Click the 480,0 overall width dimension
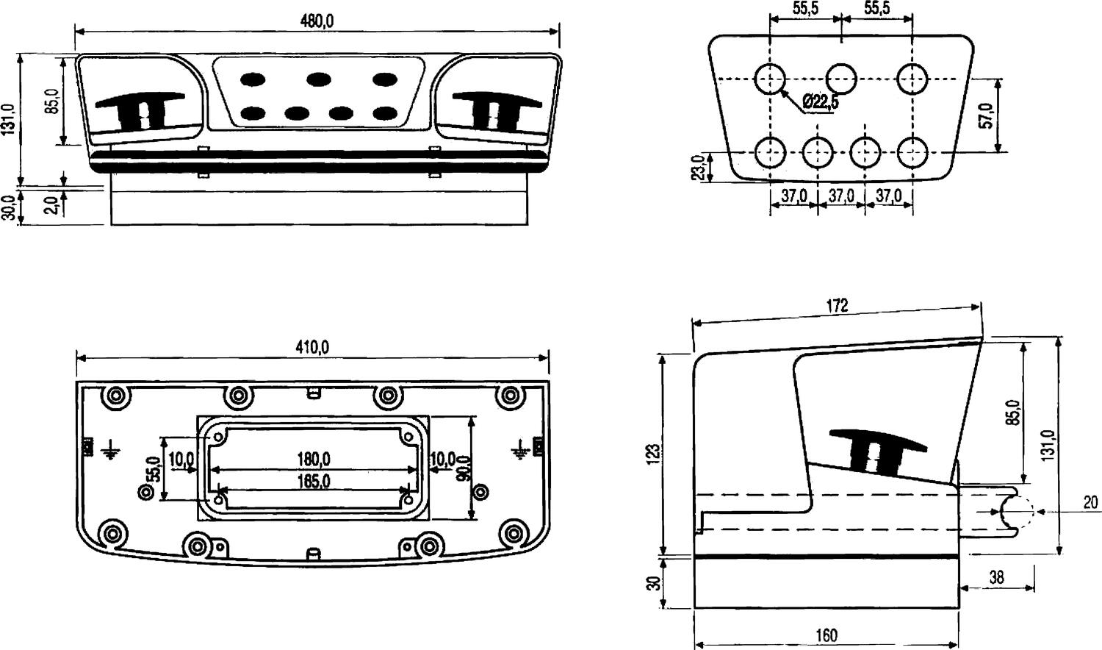click(317, 21)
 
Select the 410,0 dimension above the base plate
click(312, 346)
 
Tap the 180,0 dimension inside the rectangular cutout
click(313, 460)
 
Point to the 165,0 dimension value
click(313, 482)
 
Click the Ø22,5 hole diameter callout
click(820, 102)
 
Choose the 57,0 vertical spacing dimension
click(987, 115)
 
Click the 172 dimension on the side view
click(837, 305)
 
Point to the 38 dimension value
click(996, 577)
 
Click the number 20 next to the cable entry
click(1090, 503)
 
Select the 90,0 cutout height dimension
click(464, 468)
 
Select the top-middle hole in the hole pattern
click(841, 78)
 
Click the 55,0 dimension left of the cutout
click(154, 469)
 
